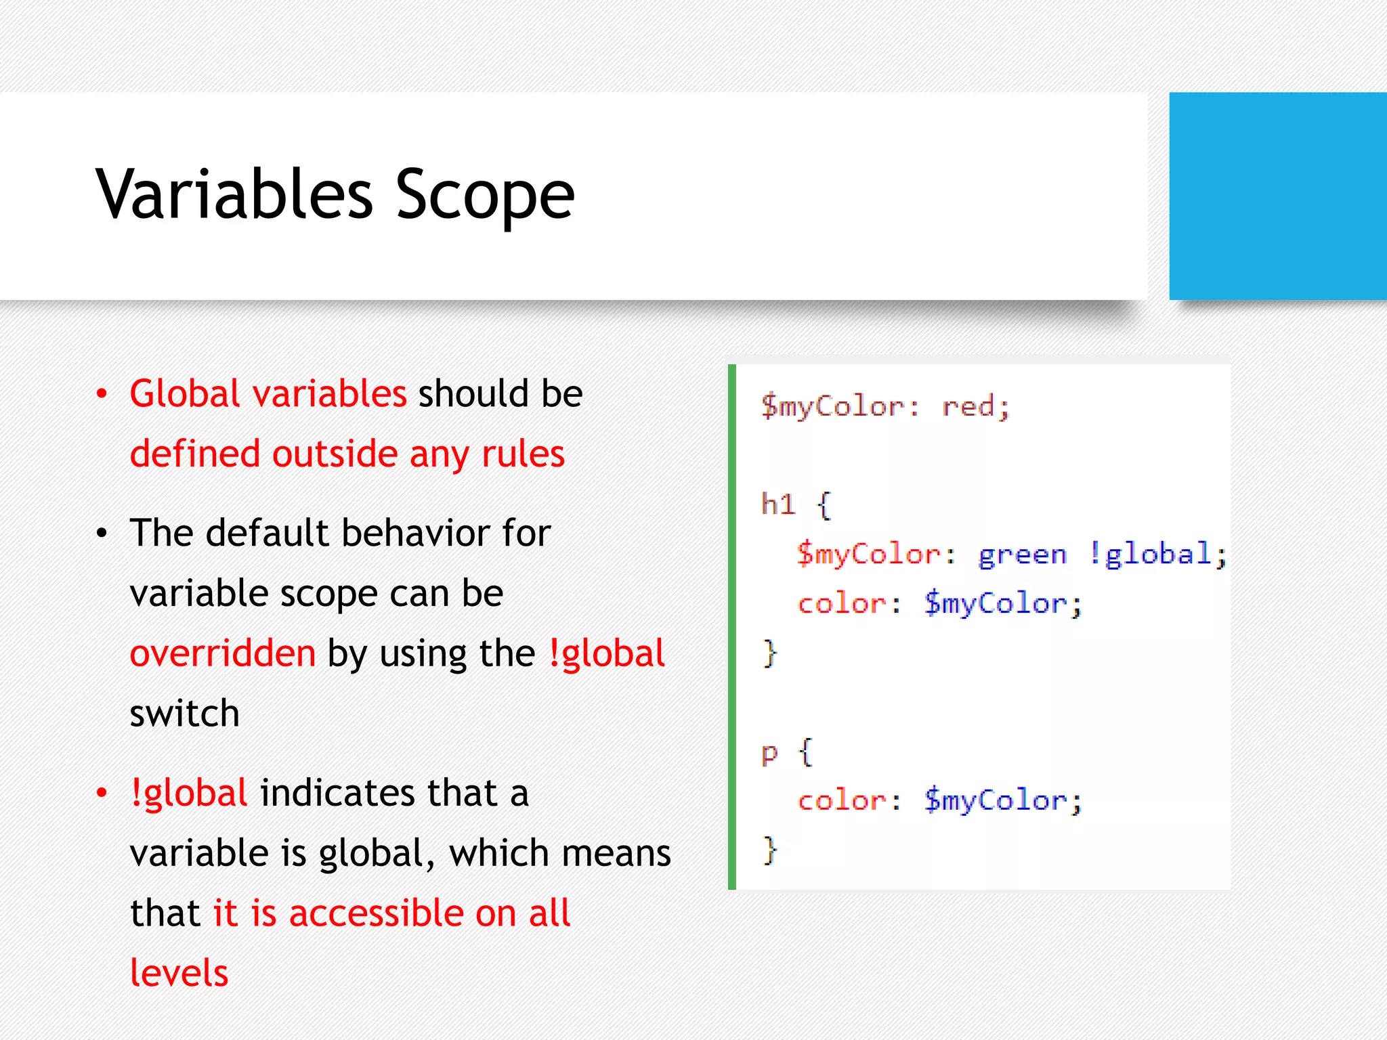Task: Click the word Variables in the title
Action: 234,194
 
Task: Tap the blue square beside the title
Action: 1277,196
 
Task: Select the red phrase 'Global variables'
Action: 268,393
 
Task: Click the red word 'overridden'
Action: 223,653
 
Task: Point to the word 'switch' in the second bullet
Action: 184,714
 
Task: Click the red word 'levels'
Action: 179,973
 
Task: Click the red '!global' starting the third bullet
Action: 189,793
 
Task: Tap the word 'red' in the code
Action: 968,406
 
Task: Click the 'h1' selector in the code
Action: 777,504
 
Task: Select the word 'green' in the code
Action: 1022,555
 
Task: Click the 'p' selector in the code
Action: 769,753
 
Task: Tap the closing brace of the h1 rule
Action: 770,653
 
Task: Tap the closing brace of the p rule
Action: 770,850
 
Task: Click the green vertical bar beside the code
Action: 732,626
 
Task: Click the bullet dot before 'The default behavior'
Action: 102,534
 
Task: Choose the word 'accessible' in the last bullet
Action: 377,913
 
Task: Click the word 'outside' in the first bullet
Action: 335,454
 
